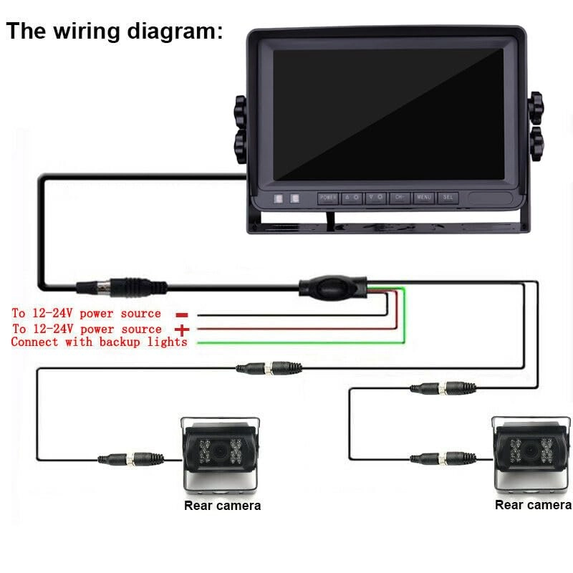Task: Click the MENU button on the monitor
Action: point(423,198)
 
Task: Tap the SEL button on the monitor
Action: point(447,198)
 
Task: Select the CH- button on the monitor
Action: point(399,198)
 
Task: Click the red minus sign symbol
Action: point(181,314)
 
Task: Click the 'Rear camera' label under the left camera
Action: point(222,506)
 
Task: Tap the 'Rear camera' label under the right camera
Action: point(533,505)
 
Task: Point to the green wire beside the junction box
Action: point(404,315)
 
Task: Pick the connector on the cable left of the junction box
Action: point(122,286)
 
